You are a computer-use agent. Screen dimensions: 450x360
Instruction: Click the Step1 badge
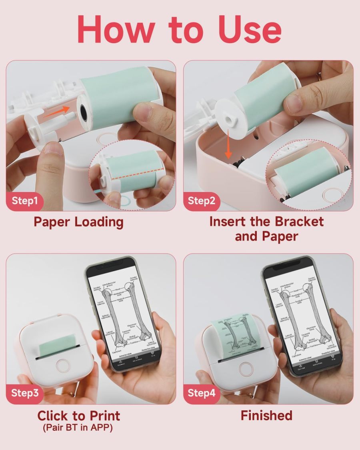coord(25,200)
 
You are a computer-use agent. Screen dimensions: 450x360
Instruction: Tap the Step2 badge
coord(202,200)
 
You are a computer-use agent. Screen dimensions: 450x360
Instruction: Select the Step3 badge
coord(25,393)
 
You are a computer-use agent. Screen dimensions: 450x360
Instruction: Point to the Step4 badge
coord(202,393)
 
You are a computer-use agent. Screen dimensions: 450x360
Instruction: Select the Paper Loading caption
coord(78,222)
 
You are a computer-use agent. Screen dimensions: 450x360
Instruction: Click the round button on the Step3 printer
coord(62,366)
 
